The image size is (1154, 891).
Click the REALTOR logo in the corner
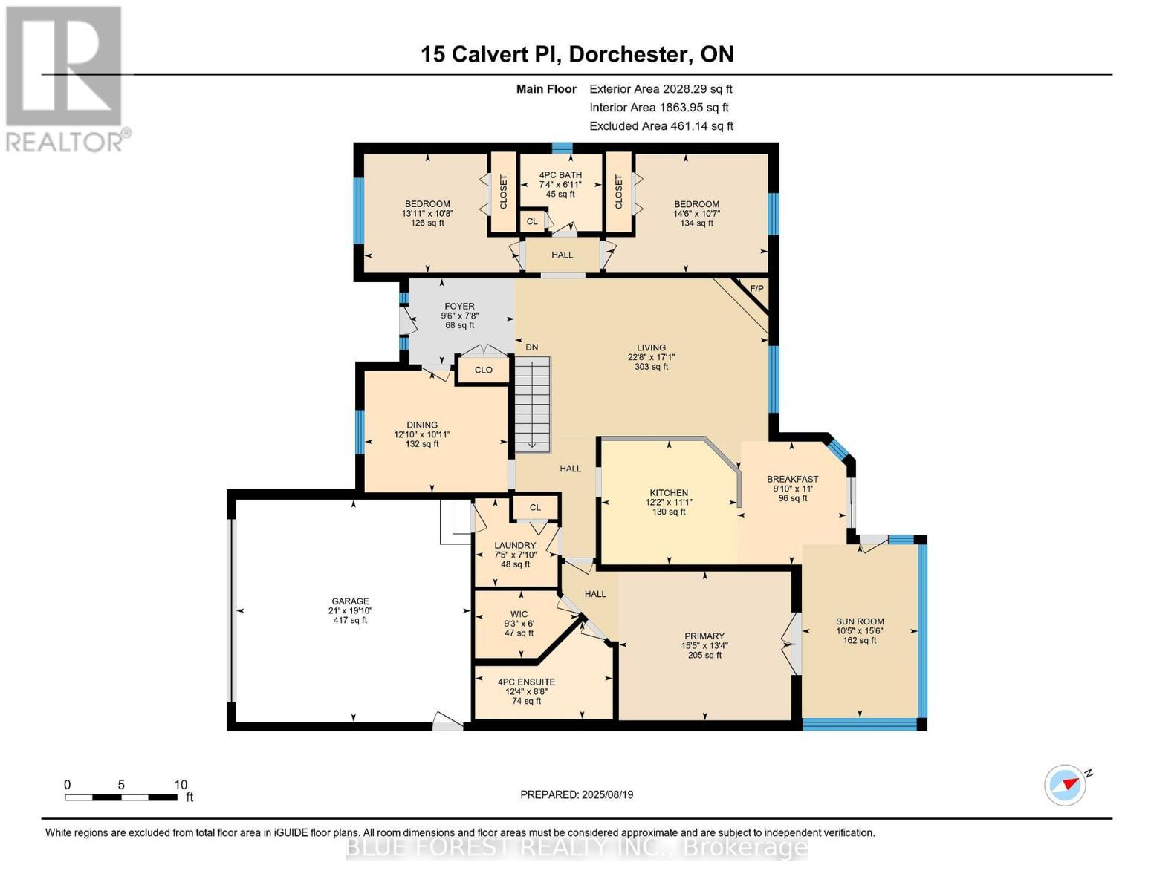[x=65, y=78]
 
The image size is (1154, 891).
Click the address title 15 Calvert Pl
[x=577, y=54]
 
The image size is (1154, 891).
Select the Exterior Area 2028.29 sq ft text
[x=661, y=88]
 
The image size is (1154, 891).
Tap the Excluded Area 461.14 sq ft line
[x=661, y=126]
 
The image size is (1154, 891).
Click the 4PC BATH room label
[x=560, y=175]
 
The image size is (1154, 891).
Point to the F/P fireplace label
[x=756, y=289]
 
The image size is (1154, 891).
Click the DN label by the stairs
[x=532, y=347]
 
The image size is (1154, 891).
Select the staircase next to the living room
[x=533, y=404]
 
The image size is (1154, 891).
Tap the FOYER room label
[x=459, y=306]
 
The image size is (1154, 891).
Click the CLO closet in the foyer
[x=483, y=370]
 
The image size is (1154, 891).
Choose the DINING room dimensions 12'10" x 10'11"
[x=422, y=434]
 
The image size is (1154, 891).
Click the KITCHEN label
[x=669, y=492]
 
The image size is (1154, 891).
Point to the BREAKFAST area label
[x=793, y=479]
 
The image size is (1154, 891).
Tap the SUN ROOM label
[x=860, y=621]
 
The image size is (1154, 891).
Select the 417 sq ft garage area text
[x=350, y=620]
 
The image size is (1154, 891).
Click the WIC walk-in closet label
[x=519, y=614]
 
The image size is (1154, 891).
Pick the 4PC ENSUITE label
[x=526, y=682]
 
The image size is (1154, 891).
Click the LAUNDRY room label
[x=515, y=545]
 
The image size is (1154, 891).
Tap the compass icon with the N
[x=1066, y=785]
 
